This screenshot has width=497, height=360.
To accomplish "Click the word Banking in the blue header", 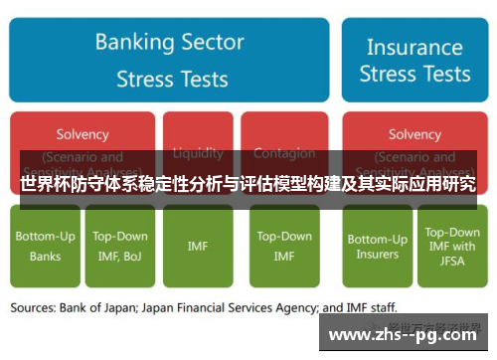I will pos(134,43).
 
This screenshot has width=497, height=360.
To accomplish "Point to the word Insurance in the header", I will pos(414,47).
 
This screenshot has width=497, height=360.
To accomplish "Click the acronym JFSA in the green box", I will pos(451,261).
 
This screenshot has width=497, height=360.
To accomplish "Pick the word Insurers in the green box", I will pos(377,254).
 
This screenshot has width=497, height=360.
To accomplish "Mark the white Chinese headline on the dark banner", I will pos(248,185).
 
